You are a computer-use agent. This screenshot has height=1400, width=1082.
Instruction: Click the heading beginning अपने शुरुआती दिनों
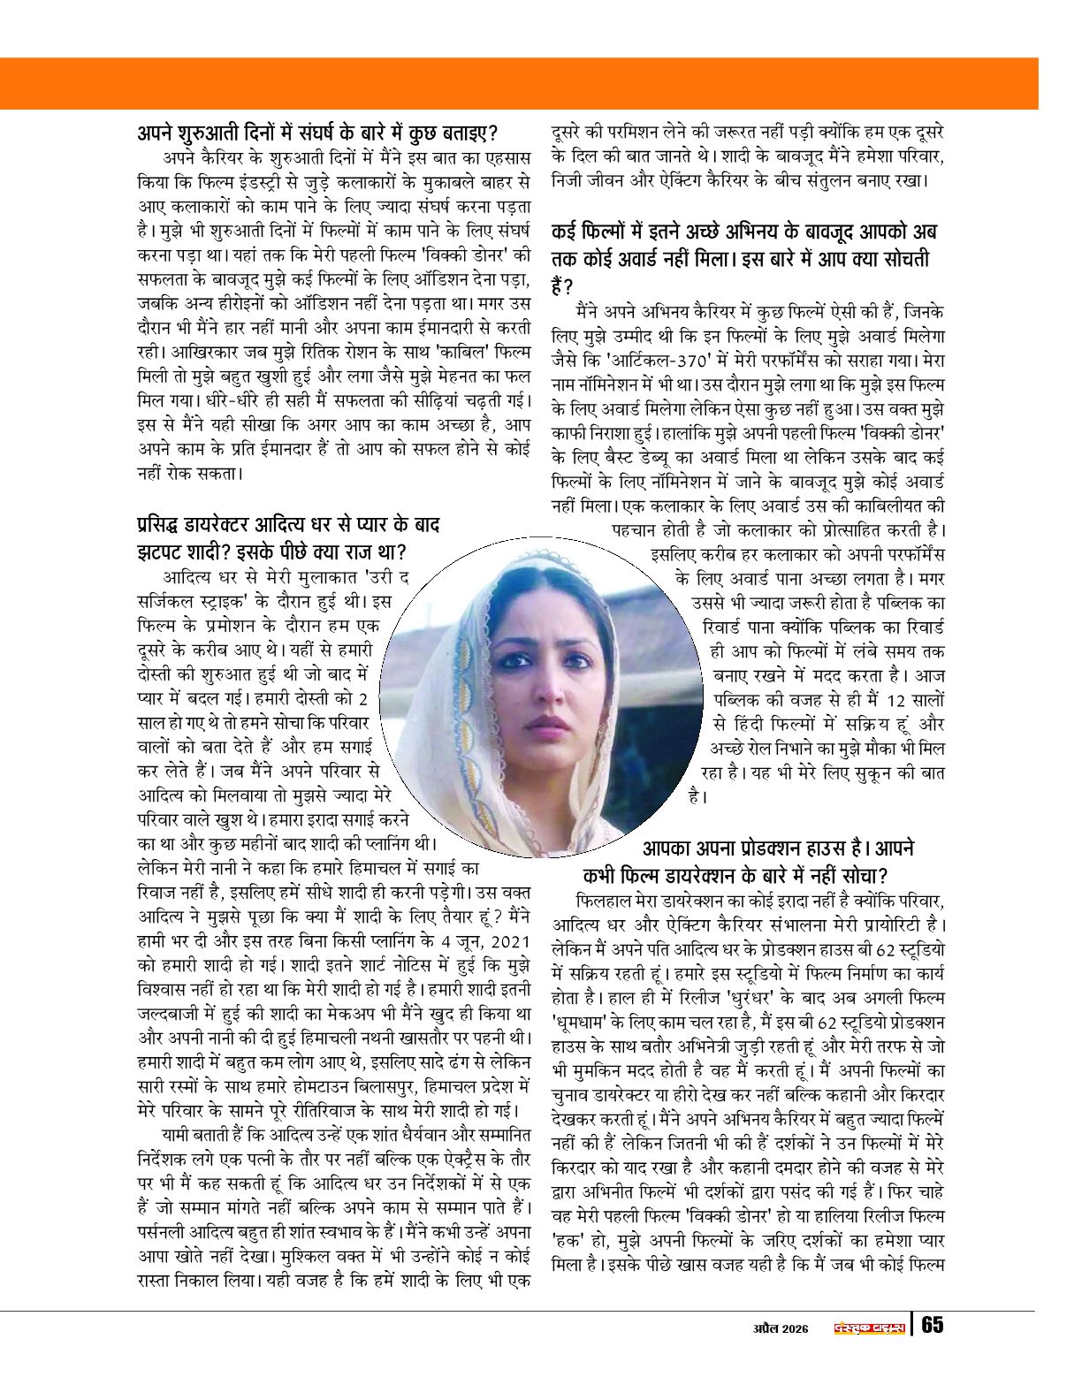319,134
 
